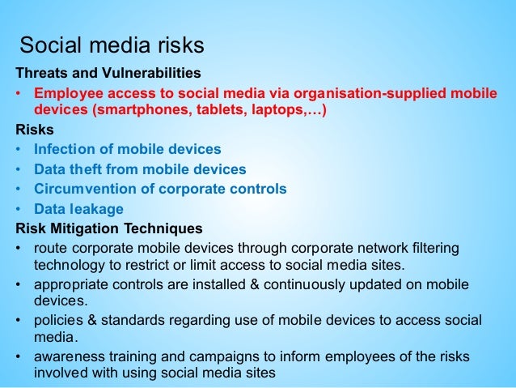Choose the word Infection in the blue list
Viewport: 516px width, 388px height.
click(66, 149)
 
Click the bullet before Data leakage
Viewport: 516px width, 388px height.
click(19, 208)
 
